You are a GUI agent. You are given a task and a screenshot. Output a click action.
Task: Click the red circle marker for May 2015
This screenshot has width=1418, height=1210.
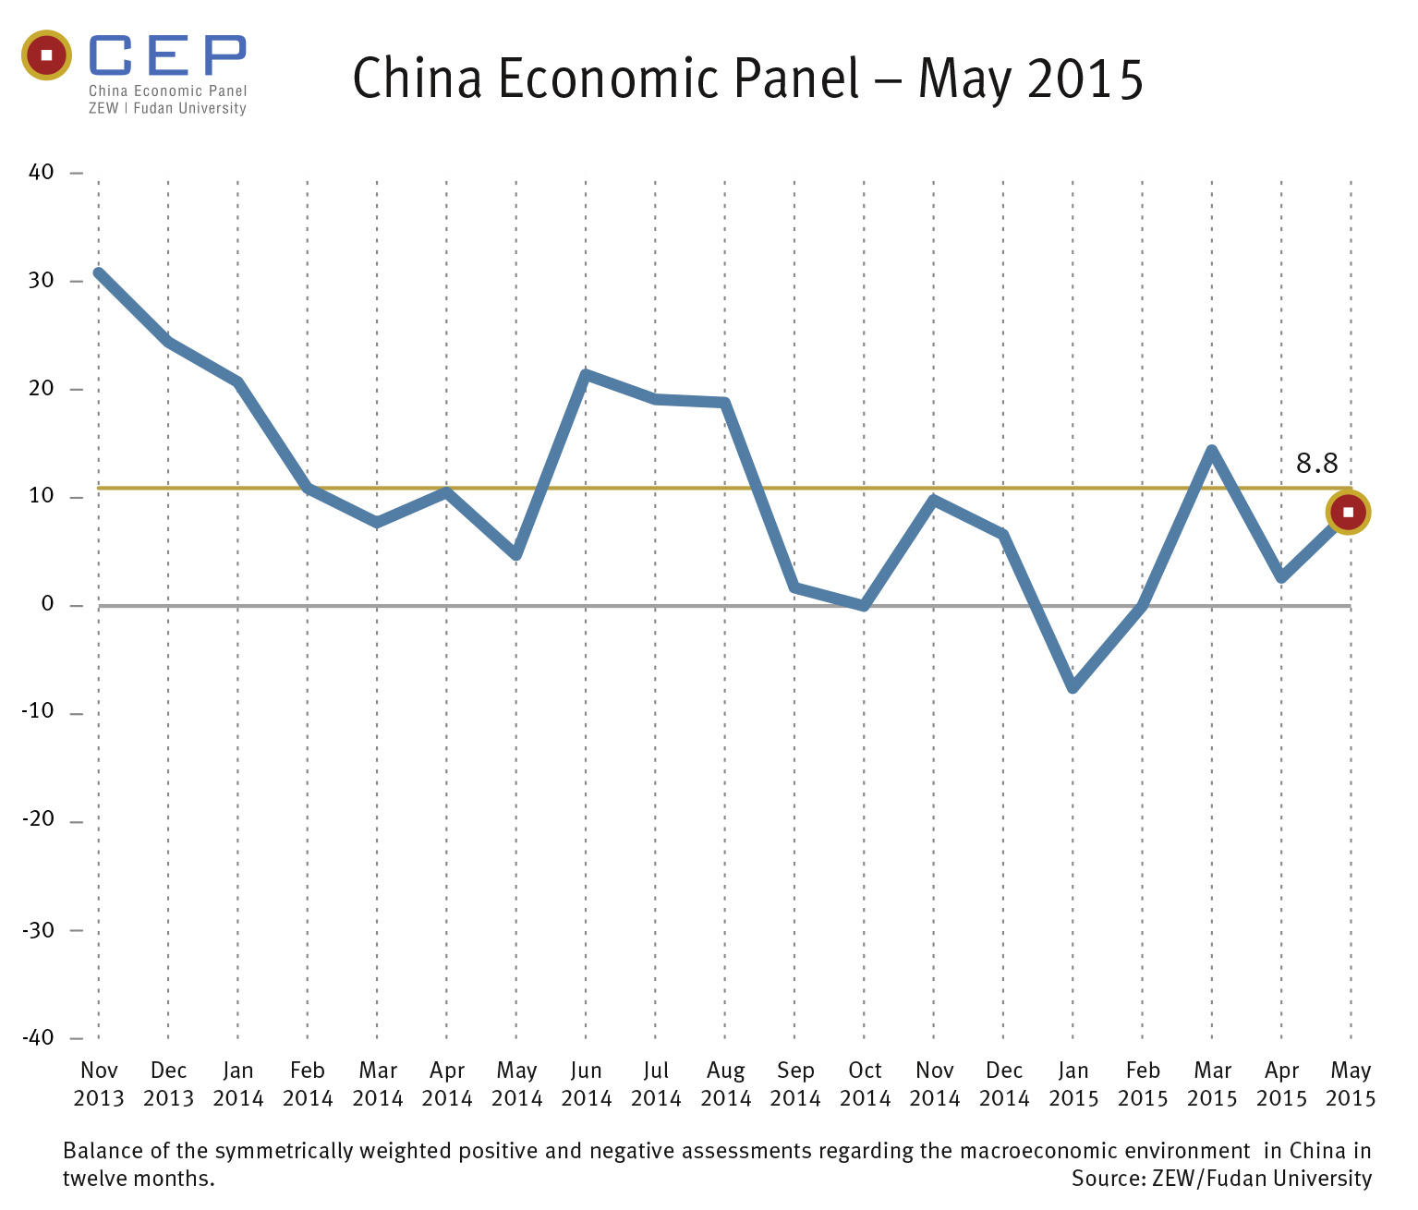[x=1348, y=512]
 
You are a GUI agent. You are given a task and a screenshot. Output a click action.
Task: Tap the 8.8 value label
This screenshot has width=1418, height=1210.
[x=1316, y=463]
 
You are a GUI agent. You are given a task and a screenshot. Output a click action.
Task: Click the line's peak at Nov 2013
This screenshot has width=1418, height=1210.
[x=99, y=273]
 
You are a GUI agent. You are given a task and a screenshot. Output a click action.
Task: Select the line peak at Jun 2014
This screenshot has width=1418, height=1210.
[x=586, y=374]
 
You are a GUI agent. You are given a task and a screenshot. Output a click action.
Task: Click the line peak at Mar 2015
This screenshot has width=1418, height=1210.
[x=1212, y=450]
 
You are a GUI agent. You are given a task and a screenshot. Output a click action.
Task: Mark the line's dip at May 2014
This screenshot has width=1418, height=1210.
[x=516, y=555]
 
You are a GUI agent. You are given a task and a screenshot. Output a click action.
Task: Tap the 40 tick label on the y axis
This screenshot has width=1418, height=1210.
[x=42, y=172]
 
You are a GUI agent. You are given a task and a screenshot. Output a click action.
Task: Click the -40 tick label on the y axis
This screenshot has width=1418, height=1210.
[x=38, y=1037]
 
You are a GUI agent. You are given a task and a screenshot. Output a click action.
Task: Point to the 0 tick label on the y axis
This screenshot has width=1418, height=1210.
[x=48, y=604]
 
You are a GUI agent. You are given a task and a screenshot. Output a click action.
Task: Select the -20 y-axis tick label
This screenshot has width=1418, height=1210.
[x=38, y=820]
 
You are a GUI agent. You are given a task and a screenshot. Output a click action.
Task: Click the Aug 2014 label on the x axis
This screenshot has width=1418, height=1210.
[x=725, y=1084]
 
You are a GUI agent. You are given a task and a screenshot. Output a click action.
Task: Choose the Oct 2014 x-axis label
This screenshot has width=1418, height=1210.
[x=865, y=1084]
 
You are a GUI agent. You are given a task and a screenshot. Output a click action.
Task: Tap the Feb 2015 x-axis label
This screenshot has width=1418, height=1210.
[x=1143, y=1084]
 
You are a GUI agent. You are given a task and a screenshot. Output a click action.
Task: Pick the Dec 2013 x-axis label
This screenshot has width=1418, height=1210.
[x=168, y=1084]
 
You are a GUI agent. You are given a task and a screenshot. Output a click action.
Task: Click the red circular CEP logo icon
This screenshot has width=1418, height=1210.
[x=46, y=55]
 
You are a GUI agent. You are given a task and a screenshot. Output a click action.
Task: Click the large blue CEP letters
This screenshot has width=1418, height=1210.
[x=167, y=56]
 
